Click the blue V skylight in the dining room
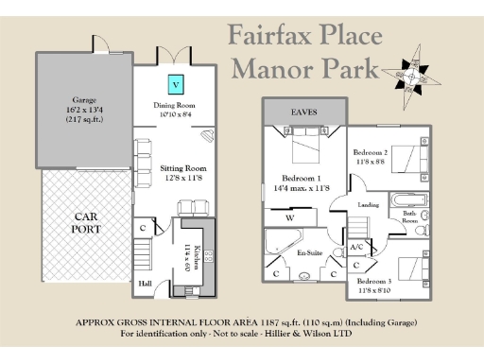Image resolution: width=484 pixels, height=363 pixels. pyautogui.click(x=176, y=84)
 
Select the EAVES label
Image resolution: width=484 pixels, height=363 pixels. pyautogui.click(x=303, y=112)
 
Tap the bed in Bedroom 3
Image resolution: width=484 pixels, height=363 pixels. pyautogui.click(x=415, y=268)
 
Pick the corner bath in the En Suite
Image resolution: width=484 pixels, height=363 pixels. pyautogui.click(x=282, y=241)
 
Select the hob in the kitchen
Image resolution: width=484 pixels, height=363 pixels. pyautogui.click(x=207, y=255)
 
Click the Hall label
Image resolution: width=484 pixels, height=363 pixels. pyautogui.click(x=144, y=282)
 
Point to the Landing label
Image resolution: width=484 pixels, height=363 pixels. pyautogui.click(x=368, y=205)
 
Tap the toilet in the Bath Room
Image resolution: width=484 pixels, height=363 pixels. pyautogui.click(x=424, y=225)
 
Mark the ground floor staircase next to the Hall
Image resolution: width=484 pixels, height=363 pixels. pyautogui.click(x=142, y=252)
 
